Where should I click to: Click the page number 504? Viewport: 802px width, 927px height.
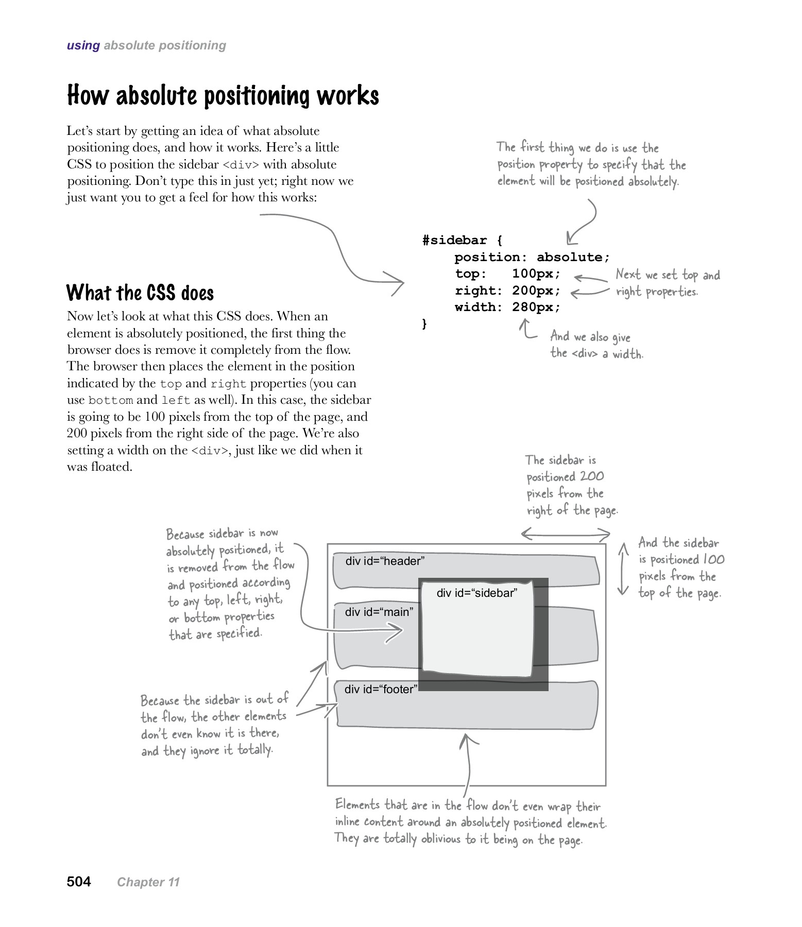point(79,882)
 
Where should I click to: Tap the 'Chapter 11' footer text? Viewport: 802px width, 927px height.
point(148,882)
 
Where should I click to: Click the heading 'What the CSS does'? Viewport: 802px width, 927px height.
point(140,293)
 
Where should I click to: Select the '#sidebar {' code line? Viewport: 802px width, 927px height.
point(462,241)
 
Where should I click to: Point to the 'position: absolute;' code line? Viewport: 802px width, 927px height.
point(532,257)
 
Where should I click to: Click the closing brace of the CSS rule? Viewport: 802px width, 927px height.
point(425,323)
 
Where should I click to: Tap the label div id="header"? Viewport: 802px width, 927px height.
point(385,561)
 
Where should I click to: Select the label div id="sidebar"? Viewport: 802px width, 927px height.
point(476,593)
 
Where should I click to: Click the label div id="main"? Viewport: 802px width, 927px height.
point(379,612)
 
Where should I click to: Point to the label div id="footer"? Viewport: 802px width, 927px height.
point(381,690)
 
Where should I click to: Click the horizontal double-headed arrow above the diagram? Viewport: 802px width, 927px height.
point(566,534)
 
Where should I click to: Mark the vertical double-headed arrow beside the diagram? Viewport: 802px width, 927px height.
point(623,569)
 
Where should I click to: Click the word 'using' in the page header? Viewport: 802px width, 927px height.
point(83,45)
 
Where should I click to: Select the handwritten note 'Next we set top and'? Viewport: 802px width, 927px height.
point(668,275)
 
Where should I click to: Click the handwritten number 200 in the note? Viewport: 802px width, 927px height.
point(591,476)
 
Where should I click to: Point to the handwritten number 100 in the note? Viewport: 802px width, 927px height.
point(713,560)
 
